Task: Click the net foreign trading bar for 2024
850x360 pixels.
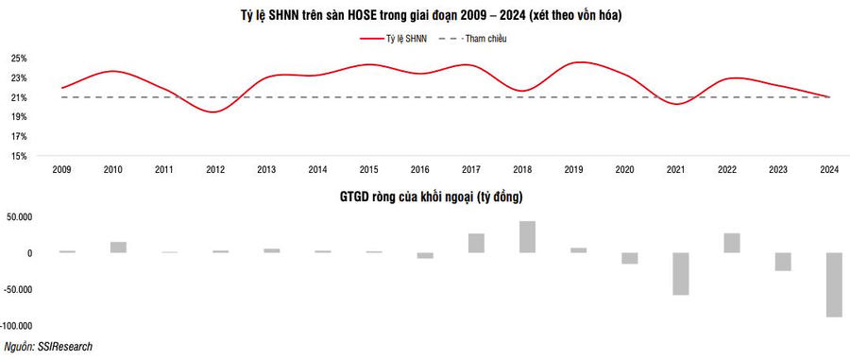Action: pos(834,284)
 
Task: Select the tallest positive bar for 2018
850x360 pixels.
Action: pos(527,237)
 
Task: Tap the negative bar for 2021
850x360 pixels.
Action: pos(681,274)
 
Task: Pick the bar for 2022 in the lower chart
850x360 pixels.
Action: pos(732,243)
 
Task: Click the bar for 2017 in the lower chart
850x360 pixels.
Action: pos(477,243)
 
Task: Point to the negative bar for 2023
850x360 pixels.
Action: pos(783,262)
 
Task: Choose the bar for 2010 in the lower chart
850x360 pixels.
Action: pos(118,248)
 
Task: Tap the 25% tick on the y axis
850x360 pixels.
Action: pos(19,59)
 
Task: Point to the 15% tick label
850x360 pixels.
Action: pos(19,156)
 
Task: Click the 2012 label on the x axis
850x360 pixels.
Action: pos(215,170)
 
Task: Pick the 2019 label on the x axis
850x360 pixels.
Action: pos(573,170)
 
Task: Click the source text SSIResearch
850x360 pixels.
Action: pos(64,347)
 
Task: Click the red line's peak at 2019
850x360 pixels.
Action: pos(579,62)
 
